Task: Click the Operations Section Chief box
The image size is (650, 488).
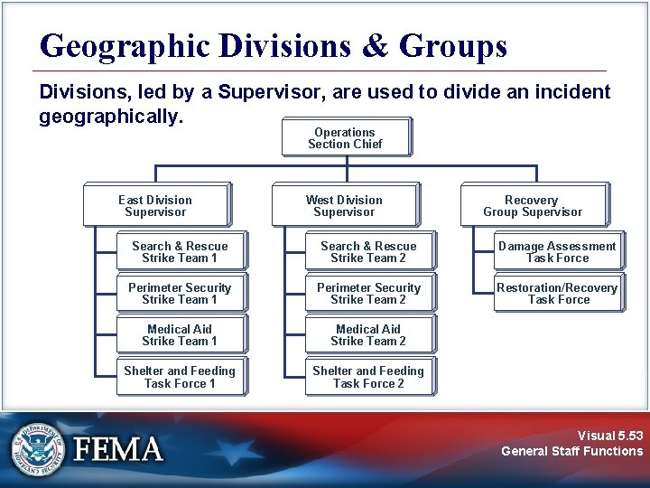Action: coord(346,137)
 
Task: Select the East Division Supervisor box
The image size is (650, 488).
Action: coord(156,205)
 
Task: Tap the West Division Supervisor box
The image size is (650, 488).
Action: coord(345,205)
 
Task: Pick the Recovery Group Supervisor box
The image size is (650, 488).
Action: coord(533,205)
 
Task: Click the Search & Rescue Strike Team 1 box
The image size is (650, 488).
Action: coord(181,251)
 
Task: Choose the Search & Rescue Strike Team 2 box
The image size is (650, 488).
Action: coord(369,251)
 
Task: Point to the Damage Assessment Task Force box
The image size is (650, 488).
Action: coord(558,251)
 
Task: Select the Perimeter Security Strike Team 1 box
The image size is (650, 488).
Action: coord(181,293)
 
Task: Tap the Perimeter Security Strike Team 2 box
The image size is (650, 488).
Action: coord(369,293)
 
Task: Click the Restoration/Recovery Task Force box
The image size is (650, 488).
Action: coord(558,293)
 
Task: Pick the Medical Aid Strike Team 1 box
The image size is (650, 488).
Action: coord(181,334)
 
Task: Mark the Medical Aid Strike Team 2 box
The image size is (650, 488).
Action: coord(369,334)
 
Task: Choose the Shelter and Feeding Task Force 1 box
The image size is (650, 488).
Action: coord(181,377)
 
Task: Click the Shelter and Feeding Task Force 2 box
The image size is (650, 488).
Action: coord(369,377)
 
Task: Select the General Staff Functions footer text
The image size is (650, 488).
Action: coord(572,451)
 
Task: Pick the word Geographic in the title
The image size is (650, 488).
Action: coord(123,47)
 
